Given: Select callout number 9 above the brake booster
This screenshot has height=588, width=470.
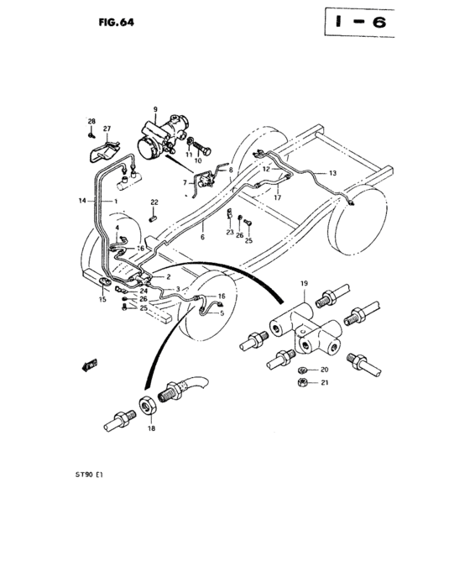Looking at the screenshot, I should [155, 110].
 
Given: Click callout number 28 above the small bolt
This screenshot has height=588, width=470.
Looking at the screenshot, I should [91, 123].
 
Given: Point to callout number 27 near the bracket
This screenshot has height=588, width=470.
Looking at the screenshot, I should [107, 129].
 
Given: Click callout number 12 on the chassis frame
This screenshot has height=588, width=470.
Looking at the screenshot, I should [265, 169].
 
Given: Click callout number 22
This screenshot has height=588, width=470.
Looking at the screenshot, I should [154, 202].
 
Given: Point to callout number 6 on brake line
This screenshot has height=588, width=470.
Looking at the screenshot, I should [202, 238].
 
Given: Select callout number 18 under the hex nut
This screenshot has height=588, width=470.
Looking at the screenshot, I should [151, 428].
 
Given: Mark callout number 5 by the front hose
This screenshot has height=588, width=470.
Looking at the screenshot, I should [222, 313].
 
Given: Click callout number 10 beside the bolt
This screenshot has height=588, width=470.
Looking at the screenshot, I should [198, 160].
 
